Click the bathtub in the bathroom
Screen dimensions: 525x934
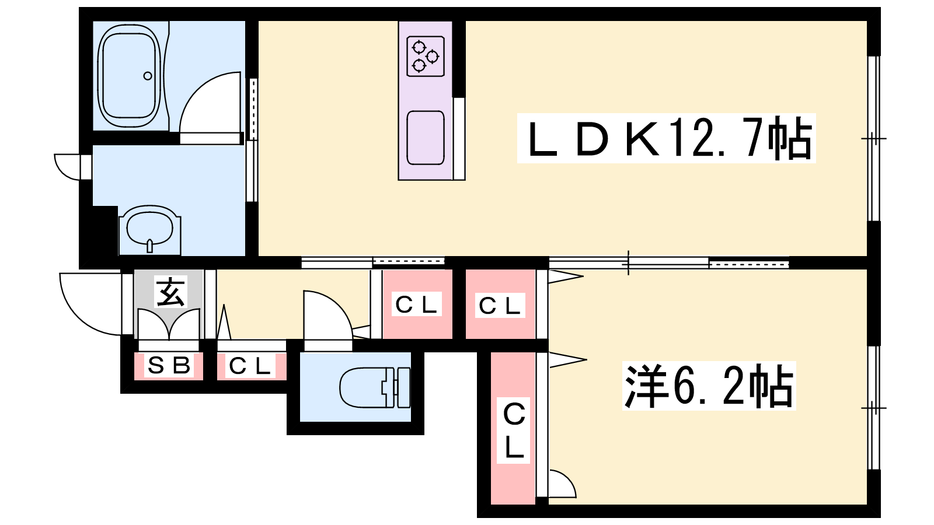point(129,75)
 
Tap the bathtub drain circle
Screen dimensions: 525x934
point(148,76)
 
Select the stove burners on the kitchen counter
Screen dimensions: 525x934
point(426,57)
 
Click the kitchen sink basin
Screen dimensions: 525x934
point(426,138)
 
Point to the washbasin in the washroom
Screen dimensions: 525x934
point(150,229)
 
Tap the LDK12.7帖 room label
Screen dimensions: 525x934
point(666,139)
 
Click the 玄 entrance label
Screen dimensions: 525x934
point(170,292)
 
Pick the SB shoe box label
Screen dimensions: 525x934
point(169,366)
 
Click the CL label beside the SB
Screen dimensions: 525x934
point(251,366)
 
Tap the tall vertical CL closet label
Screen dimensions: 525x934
point(514,430)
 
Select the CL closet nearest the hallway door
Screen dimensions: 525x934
point(416,304)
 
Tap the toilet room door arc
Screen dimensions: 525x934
point(327,315)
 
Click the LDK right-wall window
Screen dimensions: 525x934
point(873,139)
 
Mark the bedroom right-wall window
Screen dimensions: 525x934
point(873,407)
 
